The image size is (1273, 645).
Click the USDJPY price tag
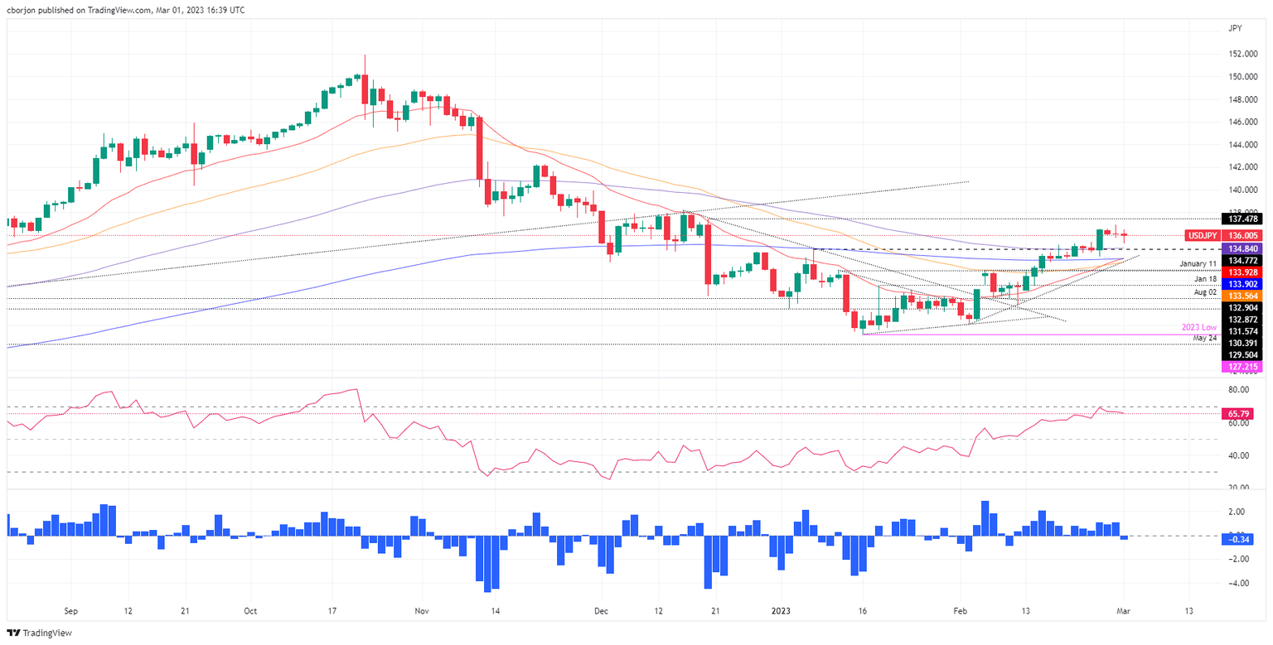click(x=1203, y=235)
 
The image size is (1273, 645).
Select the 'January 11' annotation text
click(x=1198, y=263)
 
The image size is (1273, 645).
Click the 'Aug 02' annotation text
click(x=1204, y=292)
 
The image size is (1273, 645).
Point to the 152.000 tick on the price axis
click(x=1242, y=54)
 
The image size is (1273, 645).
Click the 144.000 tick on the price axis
click(x=1242, y=144)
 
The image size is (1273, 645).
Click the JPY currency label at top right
click(x=1235, y=27)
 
